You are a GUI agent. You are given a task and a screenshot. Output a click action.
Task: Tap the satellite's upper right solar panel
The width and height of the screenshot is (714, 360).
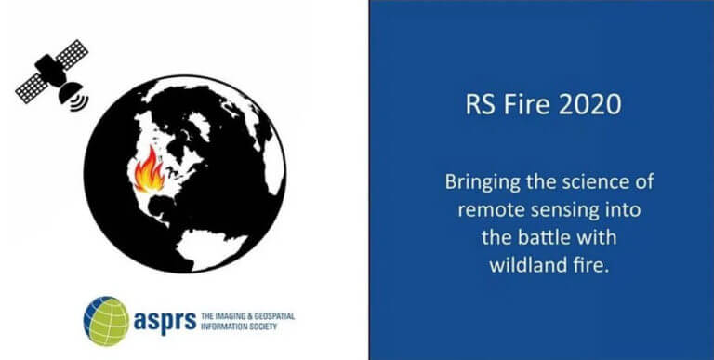pos(72,54)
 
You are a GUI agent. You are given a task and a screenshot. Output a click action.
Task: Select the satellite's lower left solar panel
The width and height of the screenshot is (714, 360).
pos(32,88)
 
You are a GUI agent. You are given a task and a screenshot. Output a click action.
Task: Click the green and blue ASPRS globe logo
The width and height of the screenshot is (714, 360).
pos(106,321)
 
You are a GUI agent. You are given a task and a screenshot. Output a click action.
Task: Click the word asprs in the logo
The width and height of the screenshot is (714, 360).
pos(165,321)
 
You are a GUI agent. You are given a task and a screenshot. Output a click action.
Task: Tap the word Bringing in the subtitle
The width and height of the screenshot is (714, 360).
pos(483,182)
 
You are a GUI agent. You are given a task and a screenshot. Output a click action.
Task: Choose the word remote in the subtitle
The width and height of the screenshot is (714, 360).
pos(489,210)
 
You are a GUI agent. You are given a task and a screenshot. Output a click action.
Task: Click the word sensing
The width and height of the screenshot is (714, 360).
pos(562,211)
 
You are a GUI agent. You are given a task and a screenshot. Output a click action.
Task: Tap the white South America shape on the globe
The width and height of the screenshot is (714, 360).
pos(211,248)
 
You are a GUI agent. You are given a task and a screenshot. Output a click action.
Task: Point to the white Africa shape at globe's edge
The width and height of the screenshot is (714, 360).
pos(274,165)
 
